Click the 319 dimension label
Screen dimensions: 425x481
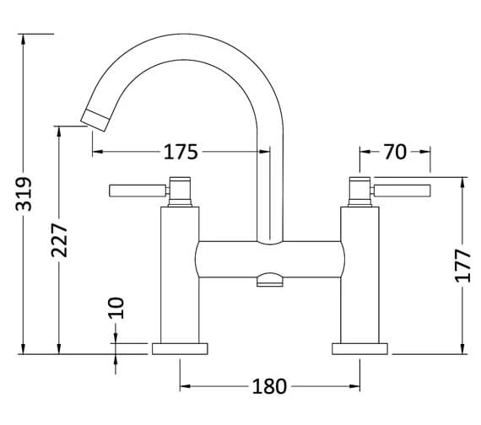(x=24, y=196)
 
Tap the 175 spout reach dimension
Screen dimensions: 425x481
(x=181, y=152)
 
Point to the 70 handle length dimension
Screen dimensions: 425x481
(x=395, y=152)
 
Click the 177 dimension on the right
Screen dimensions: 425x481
(x=462, y=266)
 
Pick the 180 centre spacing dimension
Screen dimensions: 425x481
(x=269, y=387)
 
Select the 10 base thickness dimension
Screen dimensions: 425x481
(x=116, y=307)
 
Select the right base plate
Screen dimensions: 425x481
(x=361, y=348)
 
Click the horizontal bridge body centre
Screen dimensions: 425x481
(x=270, y=258)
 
